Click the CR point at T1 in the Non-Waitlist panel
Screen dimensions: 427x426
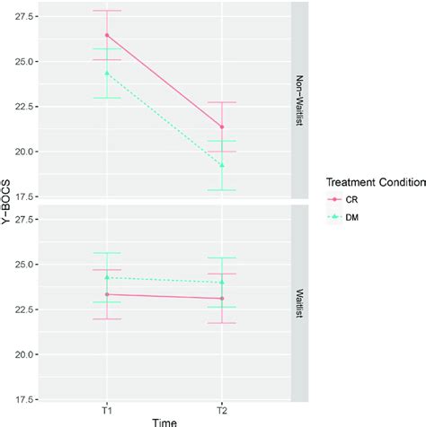tap(107, 35)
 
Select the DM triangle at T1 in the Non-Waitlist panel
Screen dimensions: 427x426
tap(107, 73)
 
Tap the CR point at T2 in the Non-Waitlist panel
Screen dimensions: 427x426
tap(222, 126)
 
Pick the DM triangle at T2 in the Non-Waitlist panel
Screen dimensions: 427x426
tap(222, 165)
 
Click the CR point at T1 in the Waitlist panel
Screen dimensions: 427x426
tap(107, 294)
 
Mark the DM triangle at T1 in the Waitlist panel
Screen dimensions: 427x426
tap(107, 277)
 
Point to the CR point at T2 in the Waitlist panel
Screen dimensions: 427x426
tap(222, 299)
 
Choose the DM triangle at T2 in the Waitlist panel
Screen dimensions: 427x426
tap(222, 282)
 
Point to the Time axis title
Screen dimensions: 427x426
tap(164, 420)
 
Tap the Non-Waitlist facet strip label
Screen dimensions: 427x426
tap(298, 101)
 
